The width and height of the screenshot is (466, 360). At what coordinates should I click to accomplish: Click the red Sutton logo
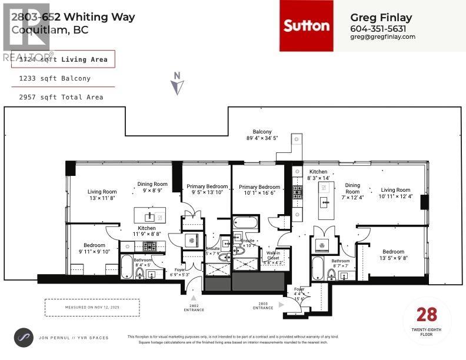click(x=306, y=25)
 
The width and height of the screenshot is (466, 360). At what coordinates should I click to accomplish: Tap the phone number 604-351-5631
click(x=378, y=28)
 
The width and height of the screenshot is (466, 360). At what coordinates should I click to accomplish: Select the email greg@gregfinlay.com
click(x=382, y=36)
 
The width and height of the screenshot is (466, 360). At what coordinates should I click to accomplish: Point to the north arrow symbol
click(x=177, y=84)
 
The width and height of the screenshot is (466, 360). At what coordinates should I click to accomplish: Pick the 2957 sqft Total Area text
click(x=57, y=97)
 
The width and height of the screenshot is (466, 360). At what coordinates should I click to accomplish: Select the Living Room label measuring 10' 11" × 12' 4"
click(x=395, y=194)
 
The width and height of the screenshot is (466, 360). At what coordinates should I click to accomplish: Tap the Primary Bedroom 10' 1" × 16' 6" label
click(x=259, y=191)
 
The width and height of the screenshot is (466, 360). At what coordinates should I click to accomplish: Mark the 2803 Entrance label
click(x=263, y=306)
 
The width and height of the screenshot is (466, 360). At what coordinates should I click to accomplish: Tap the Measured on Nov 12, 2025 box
click(x=92, y=307)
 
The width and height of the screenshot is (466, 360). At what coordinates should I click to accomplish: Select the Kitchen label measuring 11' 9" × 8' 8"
click(x=147, y=231)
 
